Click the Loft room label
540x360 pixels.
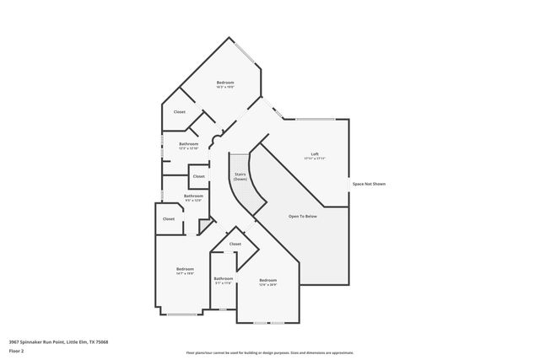(315, 153)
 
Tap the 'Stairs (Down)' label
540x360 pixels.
(240, 177)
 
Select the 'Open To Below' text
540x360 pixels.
(302, 217)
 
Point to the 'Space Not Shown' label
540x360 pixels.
(369, 183)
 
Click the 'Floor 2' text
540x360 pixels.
(17, 352)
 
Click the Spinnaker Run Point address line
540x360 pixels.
(58, 341)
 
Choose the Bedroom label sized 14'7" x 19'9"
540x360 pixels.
(185, 269)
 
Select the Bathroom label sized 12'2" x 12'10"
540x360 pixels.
(189, 143)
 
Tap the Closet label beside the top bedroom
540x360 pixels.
(180, 111)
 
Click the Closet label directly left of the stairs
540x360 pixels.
(198, 176)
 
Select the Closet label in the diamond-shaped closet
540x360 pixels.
(235, 244)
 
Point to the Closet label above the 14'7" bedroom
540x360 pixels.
(169, 218)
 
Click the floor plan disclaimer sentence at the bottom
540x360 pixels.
(269, 352)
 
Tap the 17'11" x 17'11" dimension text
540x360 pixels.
(315, 159)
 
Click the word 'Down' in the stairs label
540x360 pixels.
(240, 180)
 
